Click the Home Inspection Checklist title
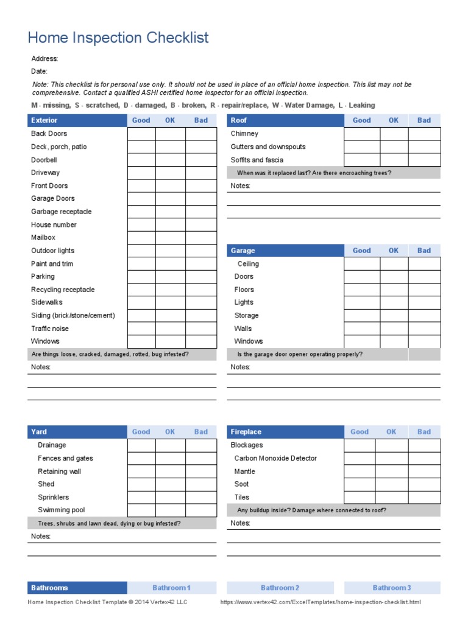[118, 38]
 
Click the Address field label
[44, 59]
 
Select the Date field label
[39, 71]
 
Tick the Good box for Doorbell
[141, 160]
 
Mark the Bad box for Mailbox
[201, 238]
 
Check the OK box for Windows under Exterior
[171, 342]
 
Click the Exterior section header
[44, 120]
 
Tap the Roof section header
[239, 120]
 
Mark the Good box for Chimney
[362, 134]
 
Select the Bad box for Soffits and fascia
[424, 160]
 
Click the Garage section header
[243, 251]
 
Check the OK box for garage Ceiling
[394, 264]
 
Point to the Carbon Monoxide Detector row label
[275, 459]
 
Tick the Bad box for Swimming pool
[201, 510]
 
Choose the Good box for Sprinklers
[141, 498]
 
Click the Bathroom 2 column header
[280, 588]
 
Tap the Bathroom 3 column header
[392, 588]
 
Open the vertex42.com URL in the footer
[320, 602]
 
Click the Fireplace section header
[246, 432]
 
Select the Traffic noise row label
[50, 329]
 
